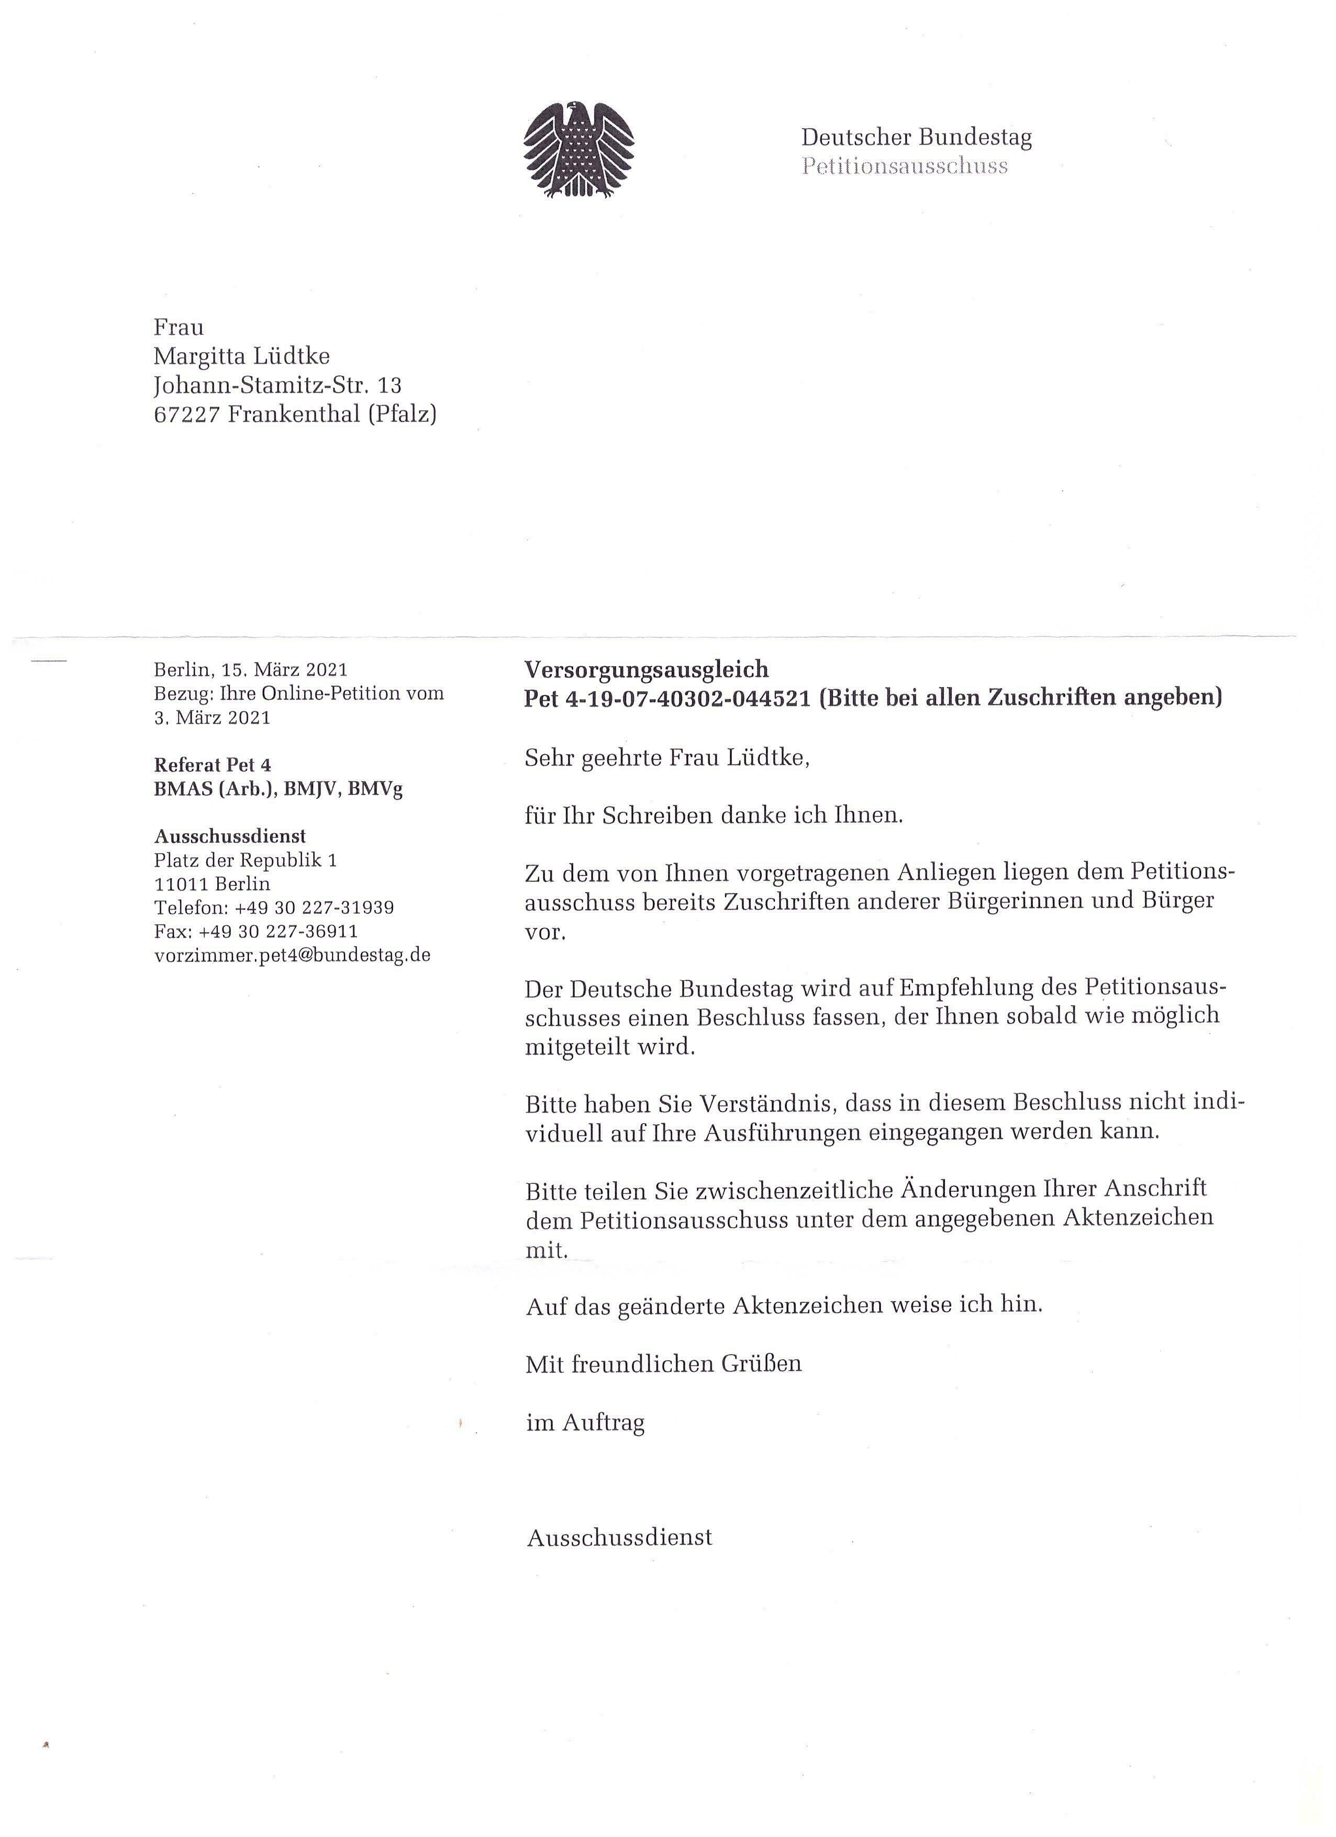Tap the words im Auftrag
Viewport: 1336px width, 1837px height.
[585, 1422]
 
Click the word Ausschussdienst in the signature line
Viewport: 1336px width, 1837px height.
[620, 1537]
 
